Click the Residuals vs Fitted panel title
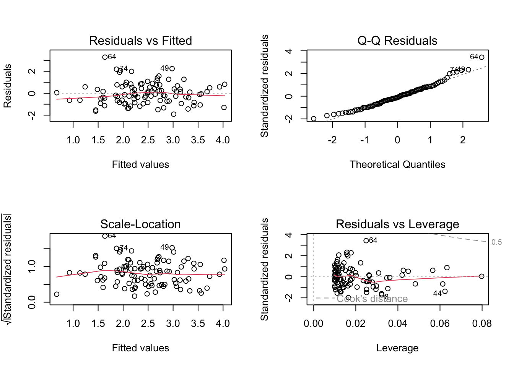[140, 41]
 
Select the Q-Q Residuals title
[397, 41]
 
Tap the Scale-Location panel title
[140, 224]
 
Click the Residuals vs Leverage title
[397, 224]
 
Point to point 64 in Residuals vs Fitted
[105, 57]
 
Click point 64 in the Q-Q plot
[481, 57]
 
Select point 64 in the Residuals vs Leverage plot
[366, 240]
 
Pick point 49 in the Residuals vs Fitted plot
[172, 69]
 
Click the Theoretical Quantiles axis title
[397, 164]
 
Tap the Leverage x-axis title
[397, 348]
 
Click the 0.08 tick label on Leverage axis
[482, 323]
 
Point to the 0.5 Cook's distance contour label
[496, 242]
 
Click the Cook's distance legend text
[372, 299]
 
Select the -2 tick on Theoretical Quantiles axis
[332, 140]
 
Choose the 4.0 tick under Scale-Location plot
[223, 323]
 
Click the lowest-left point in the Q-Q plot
[314, 119]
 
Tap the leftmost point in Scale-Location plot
[57, 294]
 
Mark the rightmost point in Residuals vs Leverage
[481, 276]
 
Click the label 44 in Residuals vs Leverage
[438, 294]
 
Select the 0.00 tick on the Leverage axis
[314, 323]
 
